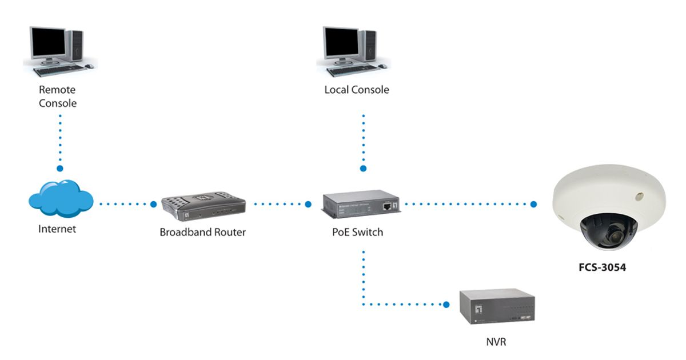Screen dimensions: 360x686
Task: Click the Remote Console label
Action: tap(57, 97)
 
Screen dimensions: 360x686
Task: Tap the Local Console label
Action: tap(357, 90)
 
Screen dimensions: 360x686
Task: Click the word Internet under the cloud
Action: tap(57, 229)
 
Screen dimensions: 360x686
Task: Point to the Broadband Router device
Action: tap(204, 207)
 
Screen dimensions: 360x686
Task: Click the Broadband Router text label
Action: tap(203, 233)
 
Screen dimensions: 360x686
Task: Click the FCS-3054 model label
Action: tap(601, 266)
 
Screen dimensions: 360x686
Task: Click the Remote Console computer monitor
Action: tap(49, 42)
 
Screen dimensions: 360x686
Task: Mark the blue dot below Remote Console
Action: tap(59, 169)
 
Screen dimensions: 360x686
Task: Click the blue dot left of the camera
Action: tap(533, 204)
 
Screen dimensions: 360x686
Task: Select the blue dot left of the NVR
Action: tap(447, 305)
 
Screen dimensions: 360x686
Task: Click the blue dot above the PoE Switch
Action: tap(362, 169)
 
